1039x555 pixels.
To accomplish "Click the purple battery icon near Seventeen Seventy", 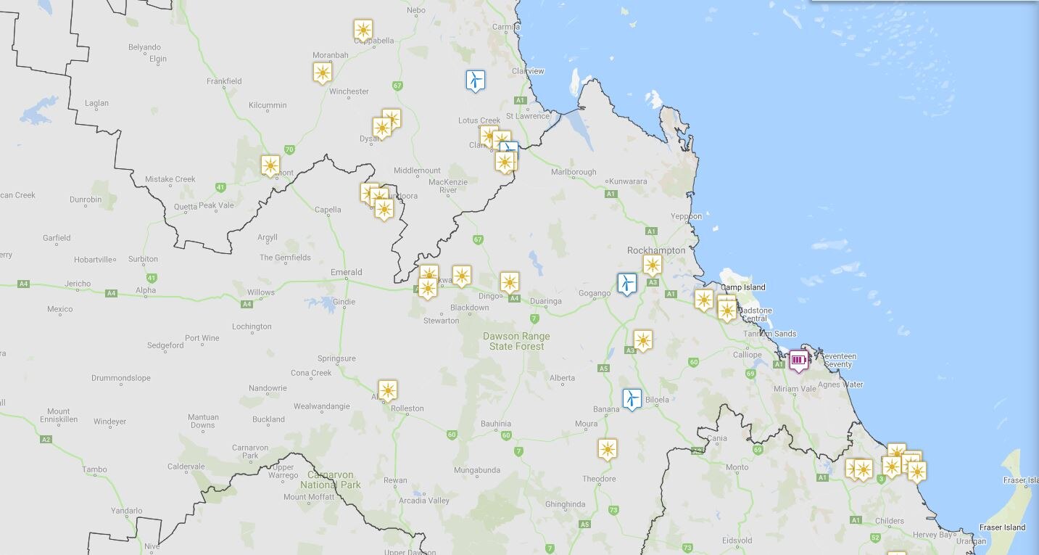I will tap(798, 360).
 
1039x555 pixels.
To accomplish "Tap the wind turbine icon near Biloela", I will tap(632, 398).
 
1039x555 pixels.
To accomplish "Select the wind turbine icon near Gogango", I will tap(626, 283).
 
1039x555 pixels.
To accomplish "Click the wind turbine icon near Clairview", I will tap(475, 80).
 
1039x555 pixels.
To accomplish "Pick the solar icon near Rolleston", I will tap(387, 390).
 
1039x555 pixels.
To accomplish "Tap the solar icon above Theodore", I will tap(608, 449).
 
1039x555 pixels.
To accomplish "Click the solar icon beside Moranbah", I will tap(323, 73).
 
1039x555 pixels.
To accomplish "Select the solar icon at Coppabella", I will tap(363, 30).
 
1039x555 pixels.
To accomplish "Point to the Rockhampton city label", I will tap(655, 250).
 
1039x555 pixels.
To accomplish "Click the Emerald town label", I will tap(346, 273).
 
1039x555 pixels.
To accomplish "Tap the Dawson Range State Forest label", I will tap(516, 342).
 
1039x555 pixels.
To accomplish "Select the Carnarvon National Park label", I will tap(330, 480).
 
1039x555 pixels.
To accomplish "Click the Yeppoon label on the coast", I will tap(686, 216).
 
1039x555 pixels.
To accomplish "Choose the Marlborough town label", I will tap(574, 173).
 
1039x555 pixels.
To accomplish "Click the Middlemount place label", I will tap(417, 171).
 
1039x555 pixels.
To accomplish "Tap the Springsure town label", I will tap(336, 358).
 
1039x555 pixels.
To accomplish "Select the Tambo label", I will tap(94, 469).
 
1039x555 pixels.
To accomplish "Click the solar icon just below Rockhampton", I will tap(653, 265).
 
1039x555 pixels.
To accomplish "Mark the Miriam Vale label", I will tap(795, 389).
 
